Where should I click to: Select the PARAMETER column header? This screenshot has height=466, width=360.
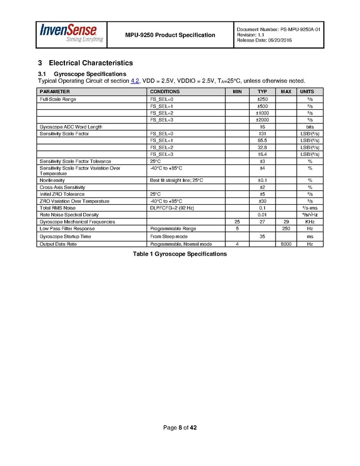55,92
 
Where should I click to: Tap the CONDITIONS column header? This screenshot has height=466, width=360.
165,92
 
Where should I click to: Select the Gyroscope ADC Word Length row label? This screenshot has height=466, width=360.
71,127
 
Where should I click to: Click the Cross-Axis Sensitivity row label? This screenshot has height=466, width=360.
63,187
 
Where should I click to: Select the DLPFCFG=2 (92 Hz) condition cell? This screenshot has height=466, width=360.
171,208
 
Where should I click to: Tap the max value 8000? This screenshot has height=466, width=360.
286,244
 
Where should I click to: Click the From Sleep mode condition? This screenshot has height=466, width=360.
169,236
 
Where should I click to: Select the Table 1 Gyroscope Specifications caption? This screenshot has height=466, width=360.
180,254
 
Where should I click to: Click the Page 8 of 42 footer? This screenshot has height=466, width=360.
180,428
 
